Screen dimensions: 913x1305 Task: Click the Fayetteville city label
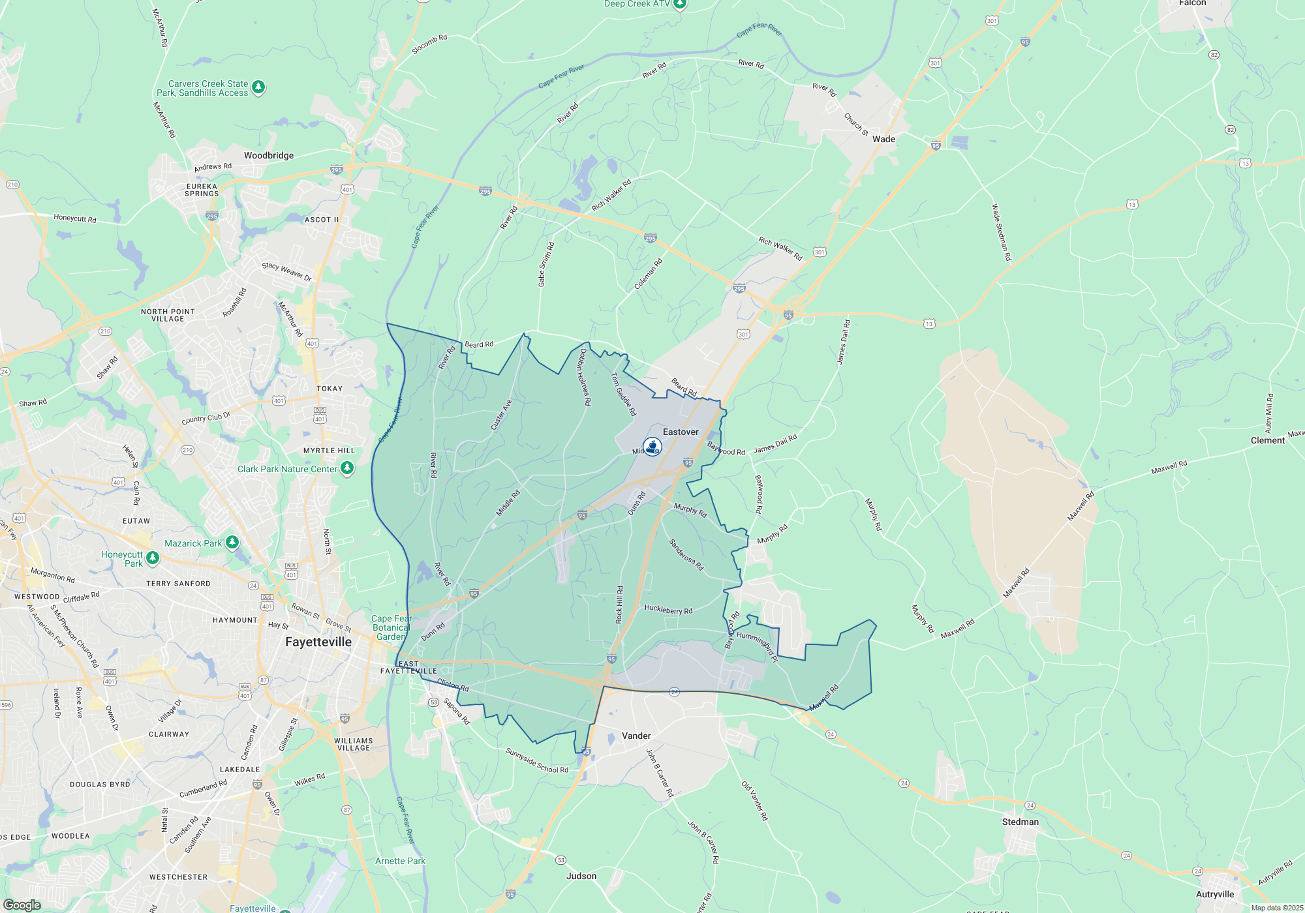click(x=318, y=642)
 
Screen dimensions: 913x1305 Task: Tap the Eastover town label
click(x=681, y=432)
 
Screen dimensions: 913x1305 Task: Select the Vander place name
click(x=636, y=736)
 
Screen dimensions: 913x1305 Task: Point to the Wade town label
click(x=883, y=140)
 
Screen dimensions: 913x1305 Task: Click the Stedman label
click(x=1021, y=822)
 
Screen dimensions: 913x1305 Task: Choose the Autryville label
click(x=1215, y=895)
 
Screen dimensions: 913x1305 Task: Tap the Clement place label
click(x=1268, y=441)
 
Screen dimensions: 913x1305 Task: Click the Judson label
click(x=581, y=876)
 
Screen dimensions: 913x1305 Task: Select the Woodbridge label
click(x=269, y=156)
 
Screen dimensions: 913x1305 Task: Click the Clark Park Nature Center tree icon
click(x=347, y=468)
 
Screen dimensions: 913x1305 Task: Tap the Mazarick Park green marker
click(x=232, y=543)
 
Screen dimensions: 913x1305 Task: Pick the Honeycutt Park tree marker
click(x=153, y=558)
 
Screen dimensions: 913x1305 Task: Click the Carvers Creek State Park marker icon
click(x=258, y=87)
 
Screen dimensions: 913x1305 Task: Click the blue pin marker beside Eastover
click(x=652, y=447)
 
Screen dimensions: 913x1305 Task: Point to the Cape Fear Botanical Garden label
click(x=391, y=628)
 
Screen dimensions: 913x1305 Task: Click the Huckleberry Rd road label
click(x=668, y=610)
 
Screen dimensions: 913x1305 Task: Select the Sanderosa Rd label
click(x=686, y=555)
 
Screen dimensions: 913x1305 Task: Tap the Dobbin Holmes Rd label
click(x=585, y=378)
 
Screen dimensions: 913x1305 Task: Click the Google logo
click(x=22, y=905)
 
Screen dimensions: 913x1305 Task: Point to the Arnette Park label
click(x=400, y=861)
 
